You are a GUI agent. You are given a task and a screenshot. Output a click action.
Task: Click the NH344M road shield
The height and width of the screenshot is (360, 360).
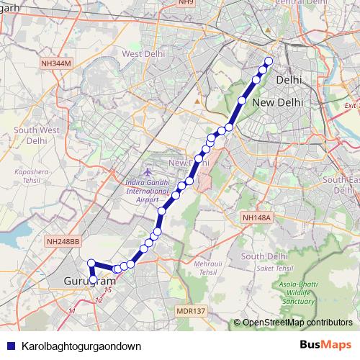pyautogui.click(x=56, y=63)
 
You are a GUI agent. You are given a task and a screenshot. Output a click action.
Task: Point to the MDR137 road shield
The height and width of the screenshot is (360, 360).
pyautogui.click(x=189, y=311)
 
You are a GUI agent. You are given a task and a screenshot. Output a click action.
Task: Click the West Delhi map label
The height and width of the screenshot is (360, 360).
pyautogui.click(x=142, y=54)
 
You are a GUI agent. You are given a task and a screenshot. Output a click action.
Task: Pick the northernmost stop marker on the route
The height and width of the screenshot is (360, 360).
pyautogui.click(x=269, y=61)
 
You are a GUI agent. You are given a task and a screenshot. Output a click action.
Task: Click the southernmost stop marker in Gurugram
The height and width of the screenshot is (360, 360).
pyautogui.click(x=94, y=279)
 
